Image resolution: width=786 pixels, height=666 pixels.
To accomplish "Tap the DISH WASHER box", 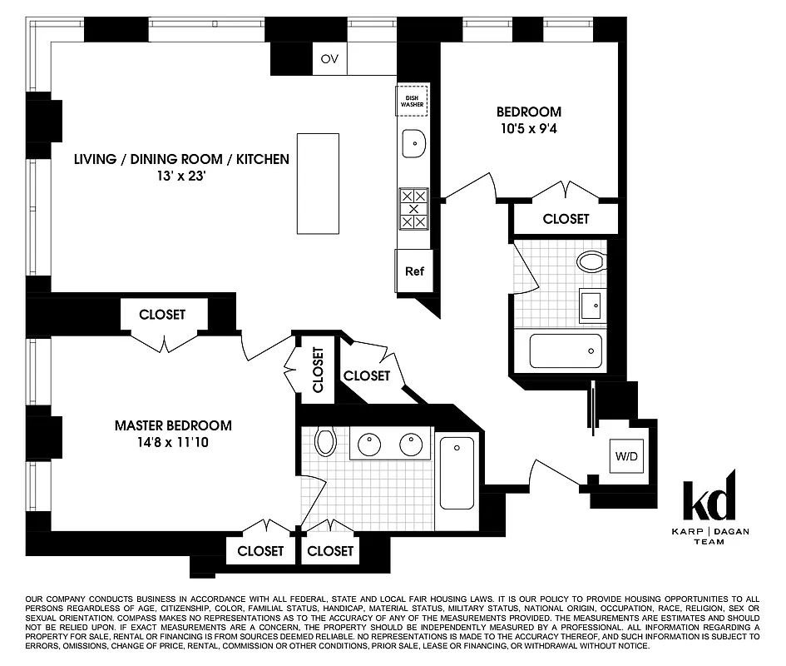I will coord(411,101).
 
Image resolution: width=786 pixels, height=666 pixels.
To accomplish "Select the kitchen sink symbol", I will coord(413,143).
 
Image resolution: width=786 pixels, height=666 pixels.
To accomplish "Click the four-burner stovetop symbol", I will coord(413,209).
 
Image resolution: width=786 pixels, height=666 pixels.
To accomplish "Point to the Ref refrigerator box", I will coord(414,271).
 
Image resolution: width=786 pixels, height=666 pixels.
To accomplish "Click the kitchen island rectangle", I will coord(318,184).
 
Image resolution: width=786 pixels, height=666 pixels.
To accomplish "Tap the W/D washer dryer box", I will coord(625,456).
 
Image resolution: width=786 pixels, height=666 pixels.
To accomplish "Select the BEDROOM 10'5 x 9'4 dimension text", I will coord(529,129).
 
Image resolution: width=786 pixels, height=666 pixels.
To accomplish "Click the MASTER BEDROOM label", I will coord(173,425).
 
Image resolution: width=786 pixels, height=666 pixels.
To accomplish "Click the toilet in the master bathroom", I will coord(325,441).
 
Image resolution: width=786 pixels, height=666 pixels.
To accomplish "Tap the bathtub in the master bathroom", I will coord(457,472).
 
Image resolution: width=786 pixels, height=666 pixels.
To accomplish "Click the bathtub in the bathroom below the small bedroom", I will coord(566,351).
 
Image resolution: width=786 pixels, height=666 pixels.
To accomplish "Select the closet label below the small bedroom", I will coord(566,219).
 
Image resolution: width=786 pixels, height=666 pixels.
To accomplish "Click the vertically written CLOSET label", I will coord(319,369).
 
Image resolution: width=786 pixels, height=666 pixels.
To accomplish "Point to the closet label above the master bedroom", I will coord(162,315).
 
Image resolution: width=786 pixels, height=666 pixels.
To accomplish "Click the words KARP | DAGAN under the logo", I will coord(709,531).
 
